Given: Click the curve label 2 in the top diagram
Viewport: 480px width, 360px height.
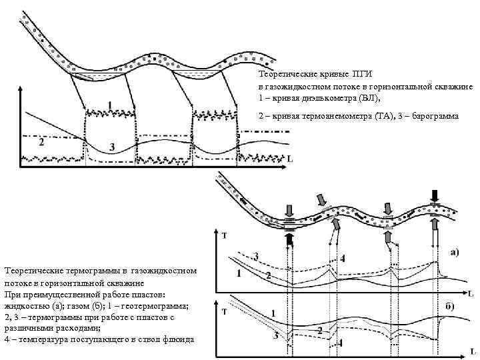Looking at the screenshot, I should (x=41, y=142).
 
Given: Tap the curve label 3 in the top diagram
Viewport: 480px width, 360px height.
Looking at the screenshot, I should (x=112, y=146).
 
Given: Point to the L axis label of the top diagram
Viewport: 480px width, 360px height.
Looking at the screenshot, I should (x=290, y=159).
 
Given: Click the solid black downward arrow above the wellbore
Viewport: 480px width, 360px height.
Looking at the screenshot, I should (x=435, y=197).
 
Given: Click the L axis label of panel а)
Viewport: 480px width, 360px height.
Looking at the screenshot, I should (x=471, y=293).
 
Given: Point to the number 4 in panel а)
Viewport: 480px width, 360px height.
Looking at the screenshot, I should (x=343, y=257).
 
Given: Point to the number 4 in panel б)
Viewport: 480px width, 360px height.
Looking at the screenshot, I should (x=341, y=343).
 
